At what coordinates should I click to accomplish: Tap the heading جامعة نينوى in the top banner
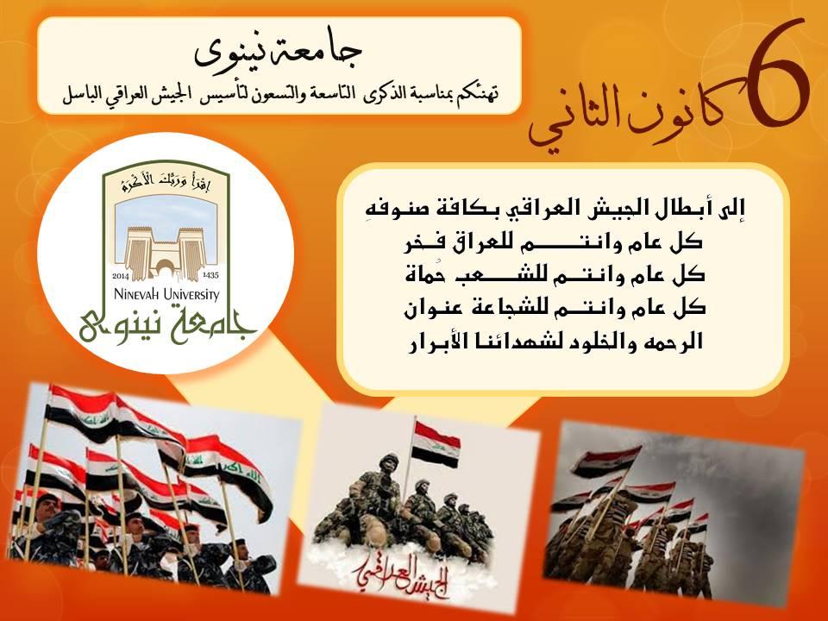pyautogui.click(x=279, y=53)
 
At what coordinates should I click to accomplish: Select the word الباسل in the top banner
pyautogui.click(x=83, y=96)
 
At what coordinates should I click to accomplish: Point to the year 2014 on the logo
pyautogui.click(x=121, y=275)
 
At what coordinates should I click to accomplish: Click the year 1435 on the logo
pyautogui.click(x=210, y=275)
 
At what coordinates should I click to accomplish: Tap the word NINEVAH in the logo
pyautogui.click(x=137, y=293)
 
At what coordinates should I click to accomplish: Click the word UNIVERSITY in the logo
pyautogui.click(x=191, y=294)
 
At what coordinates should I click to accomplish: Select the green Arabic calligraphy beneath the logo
pyautogui.click(x=166, y=325)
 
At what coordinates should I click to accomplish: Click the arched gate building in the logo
pyautogui.click(x=166, y=253)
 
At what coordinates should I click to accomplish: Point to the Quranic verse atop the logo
pyautogui.click(x=166, y=182)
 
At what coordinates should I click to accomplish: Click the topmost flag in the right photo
pyautogui.click(x=606, y=461)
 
